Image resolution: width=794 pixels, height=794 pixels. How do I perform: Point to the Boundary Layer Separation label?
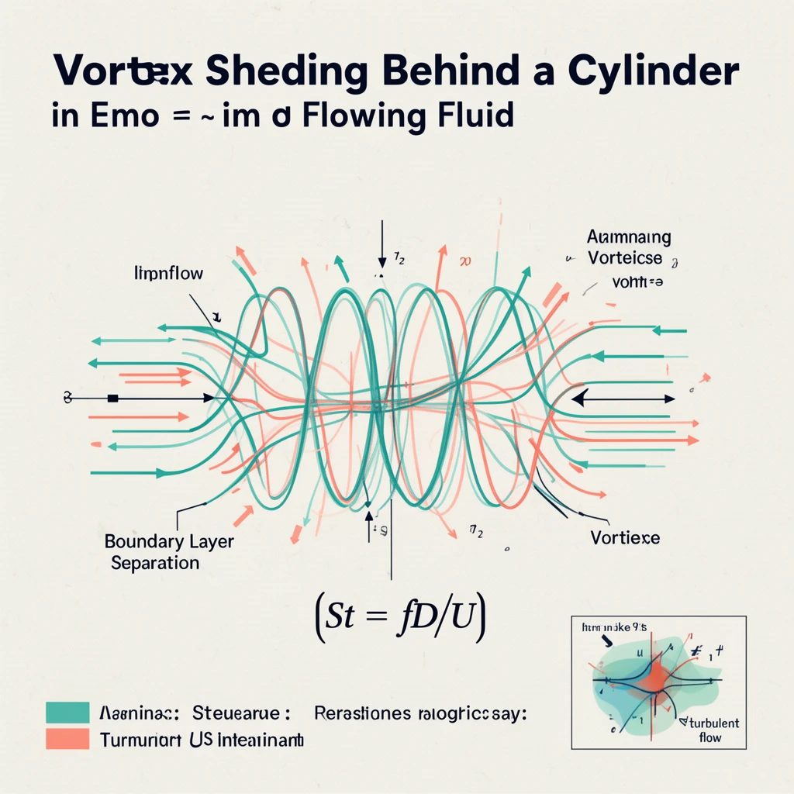[x=168, y=551]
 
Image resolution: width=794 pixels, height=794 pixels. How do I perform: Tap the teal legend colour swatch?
[x=67, y=712]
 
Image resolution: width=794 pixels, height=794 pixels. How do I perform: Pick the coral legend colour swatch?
[x=67, y=739]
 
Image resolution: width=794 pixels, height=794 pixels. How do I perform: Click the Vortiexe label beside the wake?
[x=624, y=537]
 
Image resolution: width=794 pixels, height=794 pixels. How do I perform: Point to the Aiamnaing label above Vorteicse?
[x=629, y=237]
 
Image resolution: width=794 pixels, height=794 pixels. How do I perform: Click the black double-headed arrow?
[x=623, y=399]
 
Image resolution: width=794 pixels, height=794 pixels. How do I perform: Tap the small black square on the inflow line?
[x=113, y=399]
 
